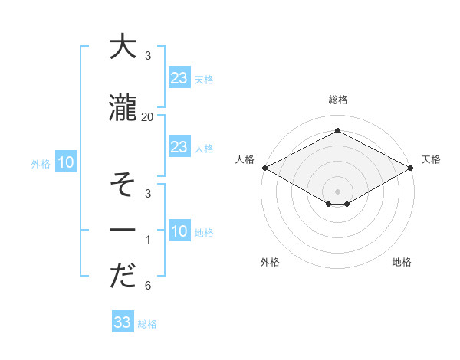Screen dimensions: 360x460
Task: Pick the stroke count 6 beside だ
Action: click(148, 286)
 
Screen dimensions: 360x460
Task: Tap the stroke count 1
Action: click(148, 240)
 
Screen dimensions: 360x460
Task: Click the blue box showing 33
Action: click(123, 322)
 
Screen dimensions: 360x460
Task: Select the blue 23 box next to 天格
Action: click(179, 78)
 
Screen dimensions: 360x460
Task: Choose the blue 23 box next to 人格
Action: click(179, 147)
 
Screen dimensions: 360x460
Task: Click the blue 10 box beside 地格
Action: click(179, 231)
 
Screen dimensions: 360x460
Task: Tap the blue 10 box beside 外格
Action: click(65, 162)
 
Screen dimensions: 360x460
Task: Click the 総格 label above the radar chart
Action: click(337, 100)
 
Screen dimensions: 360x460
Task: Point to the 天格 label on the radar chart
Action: click(431, 160)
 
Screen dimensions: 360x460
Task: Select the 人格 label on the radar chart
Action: click(245, 160)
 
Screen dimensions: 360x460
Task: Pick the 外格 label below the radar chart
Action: click(270, 262)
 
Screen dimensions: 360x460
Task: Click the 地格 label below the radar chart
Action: click(402, 262)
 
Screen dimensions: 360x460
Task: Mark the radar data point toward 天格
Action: click(411, 167)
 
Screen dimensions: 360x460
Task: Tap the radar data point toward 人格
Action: click(264, 167)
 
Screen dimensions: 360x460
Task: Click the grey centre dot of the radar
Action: click(337, 191)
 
